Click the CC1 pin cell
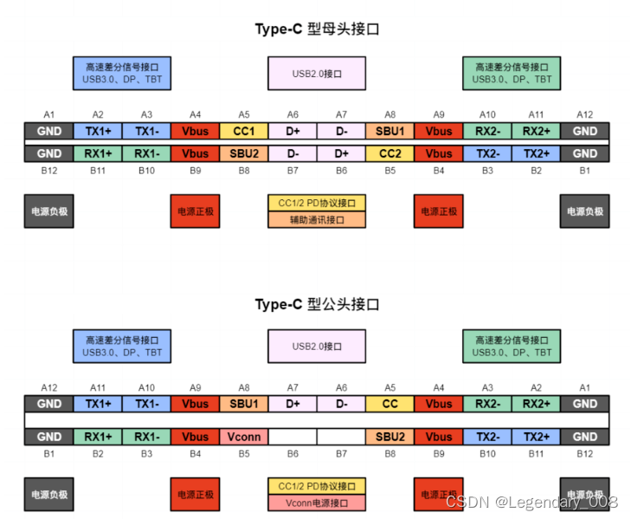[x=244, y=131]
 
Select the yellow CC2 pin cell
[x=390, y=153]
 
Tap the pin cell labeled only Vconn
[x=244, y=437]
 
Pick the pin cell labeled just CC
[x=390, y=403]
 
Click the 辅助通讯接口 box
[x=317, y=220]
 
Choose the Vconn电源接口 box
[x=317, y=503]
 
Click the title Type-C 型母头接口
[x=317, y=29]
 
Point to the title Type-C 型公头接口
[x=317, y=304]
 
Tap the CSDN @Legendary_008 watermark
[x=531, y=502]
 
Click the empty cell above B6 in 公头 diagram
[x=293, y=437]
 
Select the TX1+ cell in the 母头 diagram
[x=98, y=131]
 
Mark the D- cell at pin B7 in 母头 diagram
[x=293, y=153]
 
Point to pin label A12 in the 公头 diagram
[x=48, y=387]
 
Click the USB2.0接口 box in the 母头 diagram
[x=317, y=74]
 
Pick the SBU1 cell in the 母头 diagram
[x=390, y=131]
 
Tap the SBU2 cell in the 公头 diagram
[x=390, y=437]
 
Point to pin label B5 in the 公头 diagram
[x=244, y=454]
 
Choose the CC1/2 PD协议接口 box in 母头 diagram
[x=317, y=203]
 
